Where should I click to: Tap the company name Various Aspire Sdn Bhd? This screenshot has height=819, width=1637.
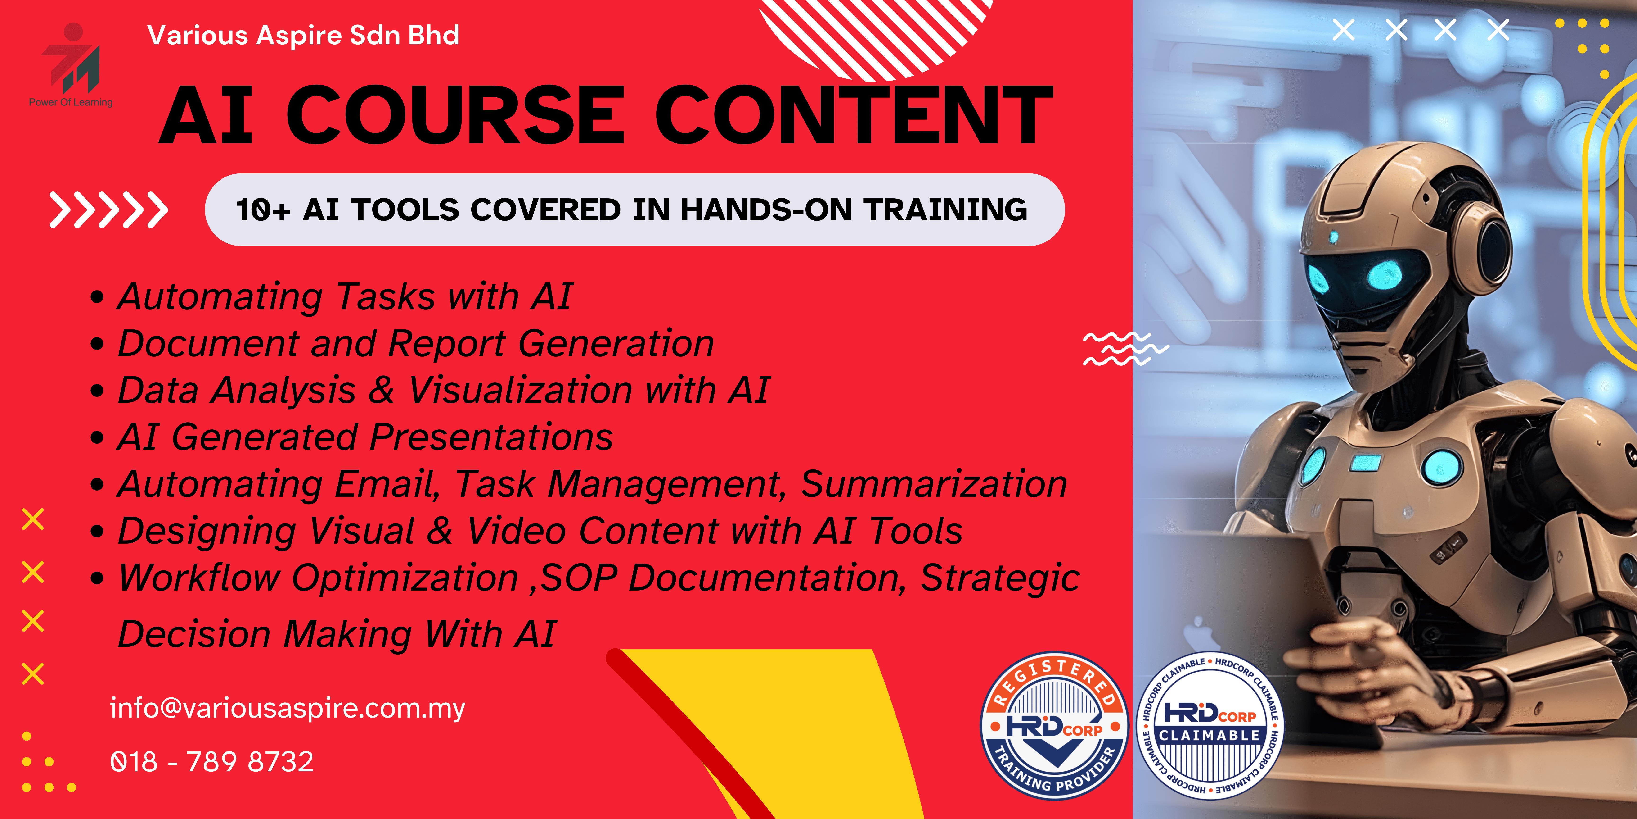click(x=303, y=35)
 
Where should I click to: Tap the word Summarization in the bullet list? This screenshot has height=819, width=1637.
click(x=934, y=485)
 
